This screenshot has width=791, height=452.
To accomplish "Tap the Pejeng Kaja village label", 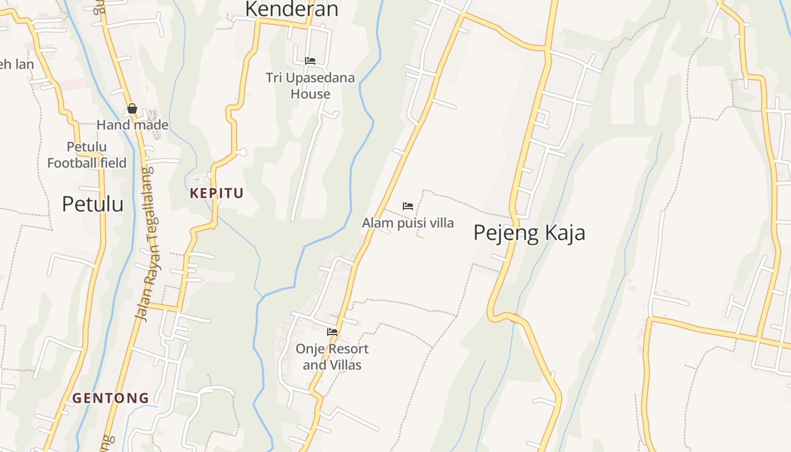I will coord(529,233).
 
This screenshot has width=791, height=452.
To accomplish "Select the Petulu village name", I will coord(93,204).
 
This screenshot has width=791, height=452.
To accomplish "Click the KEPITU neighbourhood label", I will coord(216,193).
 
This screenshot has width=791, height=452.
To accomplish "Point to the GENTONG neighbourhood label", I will coord(110,398).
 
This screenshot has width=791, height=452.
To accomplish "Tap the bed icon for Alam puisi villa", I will coord(408,206).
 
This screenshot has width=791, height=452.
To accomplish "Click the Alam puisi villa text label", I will coord(407,223).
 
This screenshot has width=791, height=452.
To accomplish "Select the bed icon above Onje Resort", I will coord(332,332).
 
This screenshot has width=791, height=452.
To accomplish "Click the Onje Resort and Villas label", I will coord(332,357).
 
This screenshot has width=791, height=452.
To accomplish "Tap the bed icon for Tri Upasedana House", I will coord(310,61).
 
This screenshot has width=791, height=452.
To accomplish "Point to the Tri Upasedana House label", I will coord(310,85).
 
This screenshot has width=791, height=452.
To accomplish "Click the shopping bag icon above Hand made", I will coord(132,108).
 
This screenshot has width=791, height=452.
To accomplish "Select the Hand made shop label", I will coord(133,125).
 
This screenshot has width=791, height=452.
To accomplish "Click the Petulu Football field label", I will coord(86,155).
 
